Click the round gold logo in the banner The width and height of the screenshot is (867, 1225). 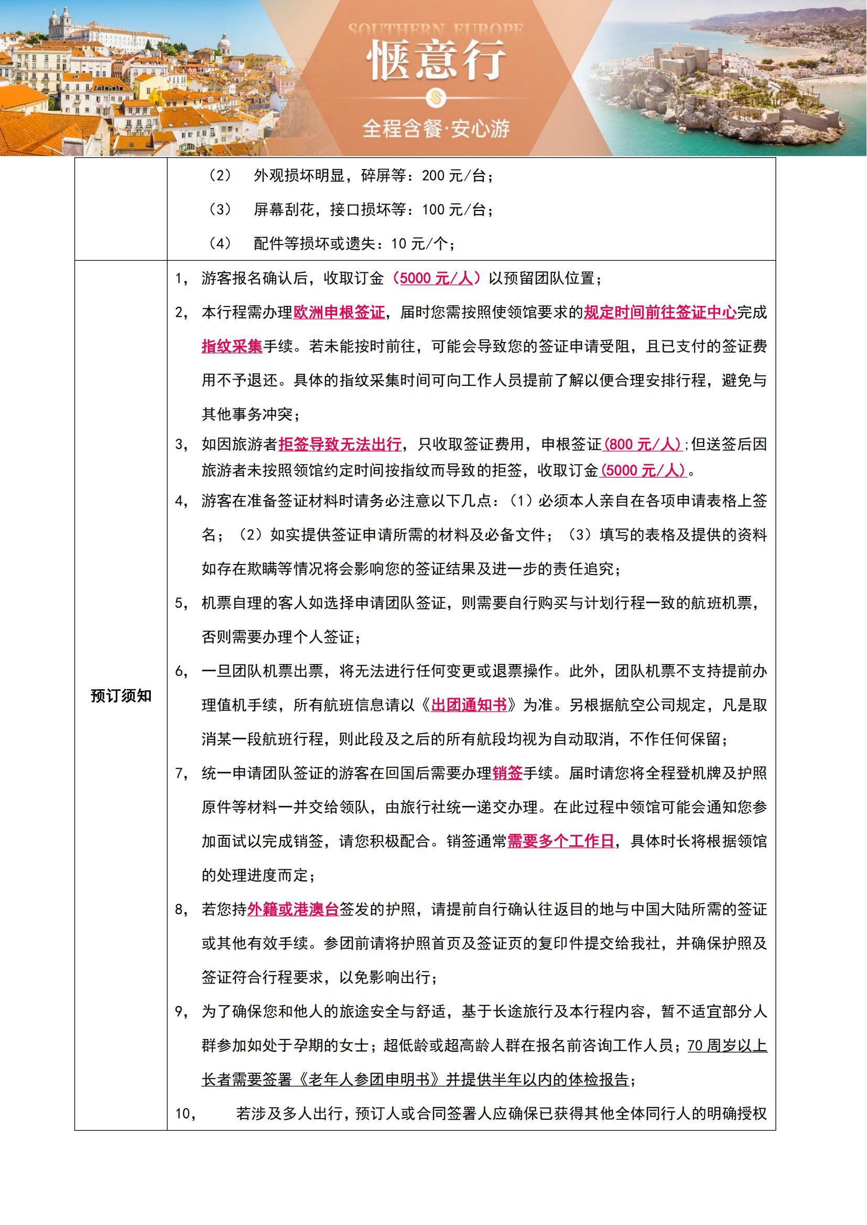click(436, 97)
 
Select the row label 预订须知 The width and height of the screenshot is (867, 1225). click(121, 696)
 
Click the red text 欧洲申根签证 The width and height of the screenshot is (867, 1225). click(339, 312)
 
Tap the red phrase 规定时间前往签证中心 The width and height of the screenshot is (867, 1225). click(660, 312)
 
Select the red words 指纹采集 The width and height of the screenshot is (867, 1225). click(232, 346)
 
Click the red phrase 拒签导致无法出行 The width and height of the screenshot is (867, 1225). click(340, 444)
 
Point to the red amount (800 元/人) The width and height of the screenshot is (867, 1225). click(643, 444)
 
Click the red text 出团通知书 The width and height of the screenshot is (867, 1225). click(469, 705)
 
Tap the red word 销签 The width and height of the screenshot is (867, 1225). click(507, 773)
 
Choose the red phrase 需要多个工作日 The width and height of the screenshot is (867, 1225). click(560, 842)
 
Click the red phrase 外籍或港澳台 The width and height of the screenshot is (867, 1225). click(293, 910)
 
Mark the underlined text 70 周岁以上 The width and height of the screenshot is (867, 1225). click(727, 1046)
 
